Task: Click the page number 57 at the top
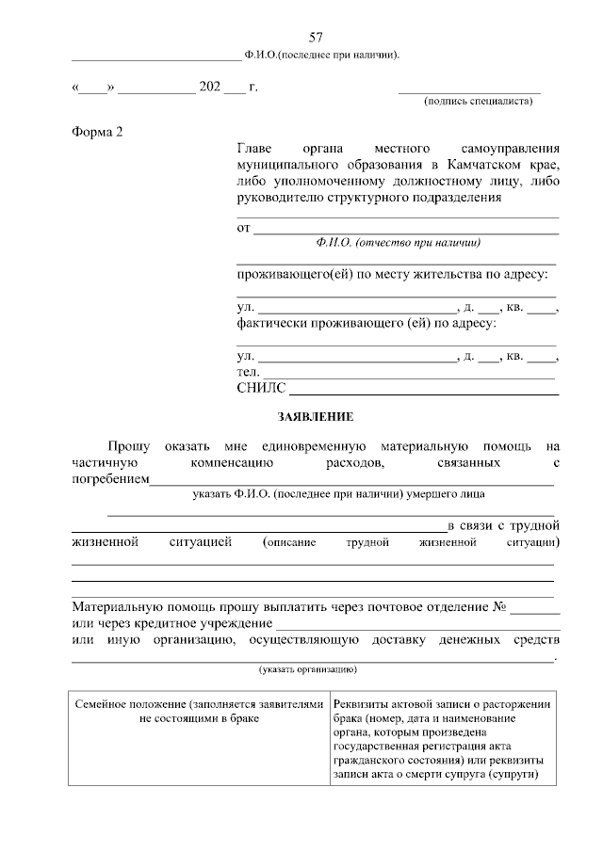[x=316, y=37]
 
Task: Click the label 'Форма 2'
[x=97, y=131]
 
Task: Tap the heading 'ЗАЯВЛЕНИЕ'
[x=315, y=415]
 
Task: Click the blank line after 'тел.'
[x=409, y=374]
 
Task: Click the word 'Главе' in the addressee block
[x=255, y=149]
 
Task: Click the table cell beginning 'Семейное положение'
[x=198, y=711]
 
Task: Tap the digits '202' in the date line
[x=209, y=88]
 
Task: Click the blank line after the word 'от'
[x=407, y=228]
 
